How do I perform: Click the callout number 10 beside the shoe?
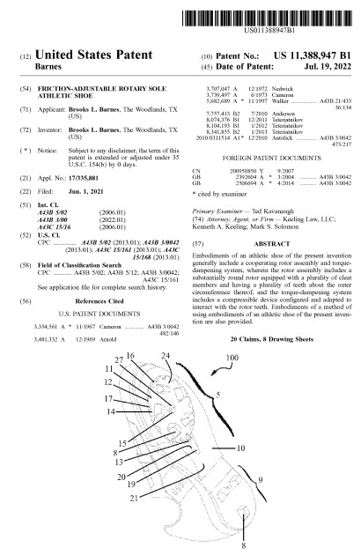pos(239,448)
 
